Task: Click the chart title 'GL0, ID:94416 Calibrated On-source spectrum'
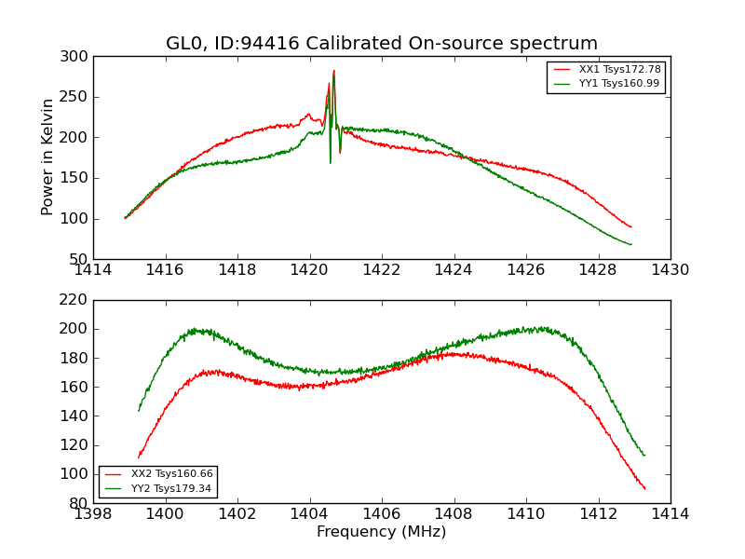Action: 382,44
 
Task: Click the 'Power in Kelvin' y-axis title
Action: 48,157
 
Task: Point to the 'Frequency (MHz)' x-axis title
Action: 382,532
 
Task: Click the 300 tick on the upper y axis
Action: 77,57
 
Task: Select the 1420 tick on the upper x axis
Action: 309,270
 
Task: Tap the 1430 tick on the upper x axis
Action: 670,270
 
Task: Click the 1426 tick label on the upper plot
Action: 526,270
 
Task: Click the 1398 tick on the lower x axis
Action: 93,513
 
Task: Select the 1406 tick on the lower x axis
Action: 382,513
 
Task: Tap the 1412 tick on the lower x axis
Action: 598,513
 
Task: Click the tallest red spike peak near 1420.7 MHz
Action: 333,71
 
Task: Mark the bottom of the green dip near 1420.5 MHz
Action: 330,163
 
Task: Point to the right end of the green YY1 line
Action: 630,245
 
